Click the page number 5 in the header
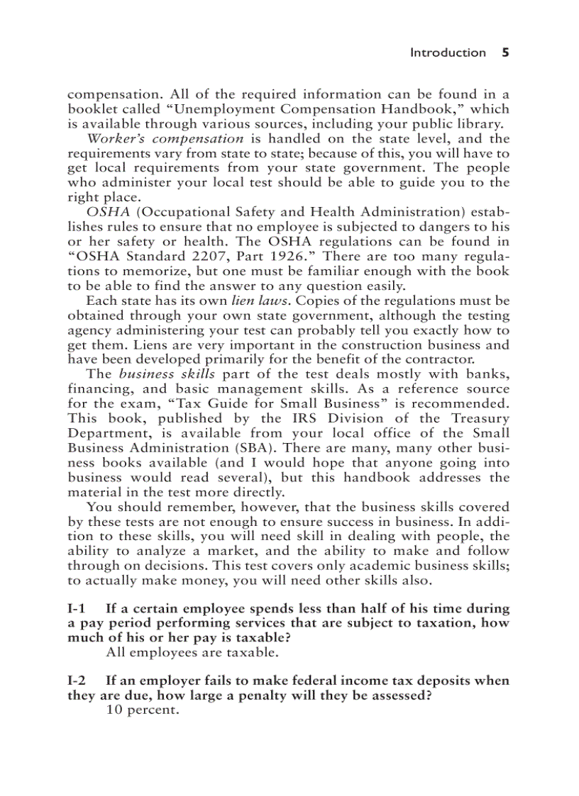[x=506, y=52]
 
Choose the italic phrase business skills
[x=167, y=374]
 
